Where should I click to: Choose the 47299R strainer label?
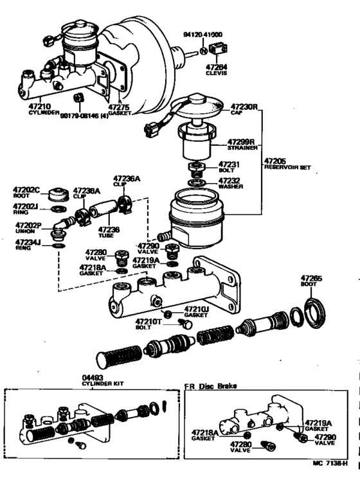242,141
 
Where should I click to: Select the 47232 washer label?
229,181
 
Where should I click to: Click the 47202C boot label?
26,190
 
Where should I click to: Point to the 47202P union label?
28,225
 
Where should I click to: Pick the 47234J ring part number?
28,242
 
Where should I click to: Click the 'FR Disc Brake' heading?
210,386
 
